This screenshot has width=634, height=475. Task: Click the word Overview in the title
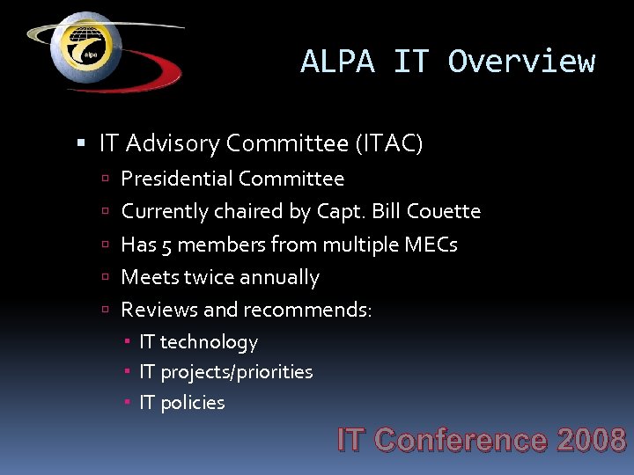coord(521,62)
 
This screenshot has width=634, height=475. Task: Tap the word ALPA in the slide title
coord(337,62)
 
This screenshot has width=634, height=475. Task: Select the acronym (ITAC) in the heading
coord(388,142)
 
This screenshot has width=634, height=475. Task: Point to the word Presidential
coord(176,179)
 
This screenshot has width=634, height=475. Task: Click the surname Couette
coord(446,211)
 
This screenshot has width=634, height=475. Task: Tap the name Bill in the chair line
coord(387,211)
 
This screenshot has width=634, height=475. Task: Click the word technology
coord(209,342)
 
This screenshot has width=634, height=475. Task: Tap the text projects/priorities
coord(236,372)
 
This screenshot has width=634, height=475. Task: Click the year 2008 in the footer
coord(591,440)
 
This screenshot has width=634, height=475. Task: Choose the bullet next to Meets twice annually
coord(104,278)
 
